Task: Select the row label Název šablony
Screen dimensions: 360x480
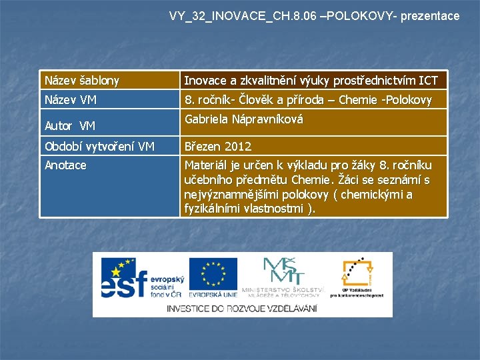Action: (82, 81)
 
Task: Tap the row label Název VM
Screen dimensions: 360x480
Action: (71, 100)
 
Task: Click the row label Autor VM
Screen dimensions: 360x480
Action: (70, 125)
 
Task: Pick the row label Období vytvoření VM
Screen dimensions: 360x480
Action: (99, 146)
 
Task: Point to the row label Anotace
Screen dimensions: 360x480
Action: (65, 165)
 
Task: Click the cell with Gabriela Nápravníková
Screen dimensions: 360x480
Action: (243, 120)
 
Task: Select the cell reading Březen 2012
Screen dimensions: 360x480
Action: (217, 146)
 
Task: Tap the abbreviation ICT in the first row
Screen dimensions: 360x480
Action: (427, 81)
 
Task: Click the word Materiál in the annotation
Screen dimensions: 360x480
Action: (207, 165)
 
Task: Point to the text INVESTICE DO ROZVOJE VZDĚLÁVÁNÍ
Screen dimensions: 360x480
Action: (242, 309)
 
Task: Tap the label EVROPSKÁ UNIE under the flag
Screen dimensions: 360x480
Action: (213, 294)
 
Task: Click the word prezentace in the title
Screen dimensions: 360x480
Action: (430, 15)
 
